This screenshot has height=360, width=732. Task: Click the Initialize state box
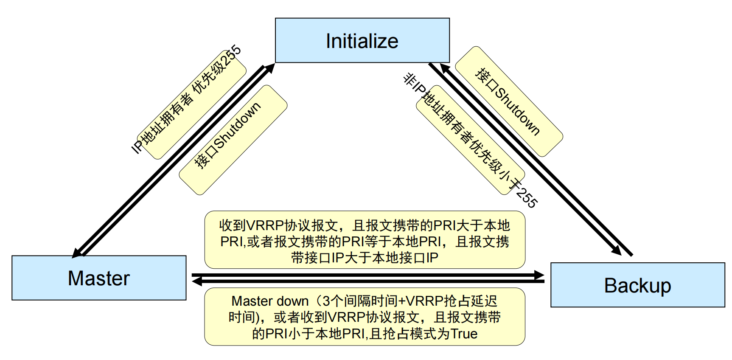(362, 41)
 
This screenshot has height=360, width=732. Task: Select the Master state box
(99, 278)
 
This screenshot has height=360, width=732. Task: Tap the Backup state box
(637, 285)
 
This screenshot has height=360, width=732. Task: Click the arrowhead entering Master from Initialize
(77, 252)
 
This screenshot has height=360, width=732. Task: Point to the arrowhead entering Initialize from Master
(270, 68)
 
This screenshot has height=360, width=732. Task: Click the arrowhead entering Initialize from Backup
(445, 68)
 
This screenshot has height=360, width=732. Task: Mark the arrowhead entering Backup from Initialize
(616, 250)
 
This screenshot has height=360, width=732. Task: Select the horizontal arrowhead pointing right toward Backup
(539, 275)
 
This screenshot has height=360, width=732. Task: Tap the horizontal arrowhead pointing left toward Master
(197, 281)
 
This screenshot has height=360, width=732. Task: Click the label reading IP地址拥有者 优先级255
(187, 99)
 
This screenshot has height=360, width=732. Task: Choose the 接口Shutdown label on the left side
(227, 136)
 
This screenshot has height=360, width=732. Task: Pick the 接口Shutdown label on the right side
(508, 101)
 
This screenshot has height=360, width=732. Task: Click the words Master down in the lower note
(270, 301)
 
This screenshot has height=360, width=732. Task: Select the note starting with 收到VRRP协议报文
(365, 240)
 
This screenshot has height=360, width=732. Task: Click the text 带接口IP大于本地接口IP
(365, 257)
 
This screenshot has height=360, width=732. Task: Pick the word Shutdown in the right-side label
(517, 111)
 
